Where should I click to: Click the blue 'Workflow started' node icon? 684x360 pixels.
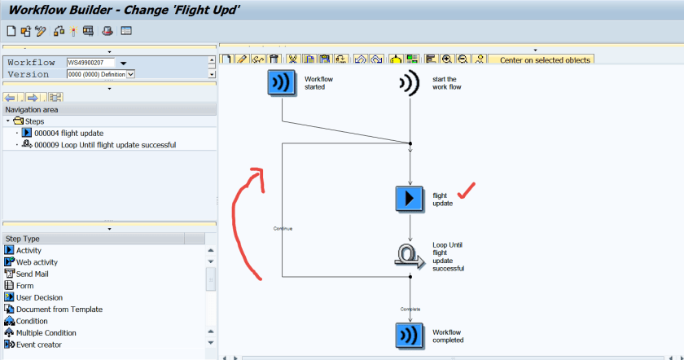[x=282, y=82]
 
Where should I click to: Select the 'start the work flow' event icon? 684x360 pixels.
[x=409, y=82]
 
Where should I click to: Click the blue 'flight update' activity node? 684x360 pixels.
[x=410, y=199]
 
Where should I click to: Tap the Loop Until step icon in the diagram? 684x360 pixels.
[x=410, y=255]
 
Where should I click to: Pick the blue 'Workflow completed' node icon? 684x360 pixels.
[x=410, y=336]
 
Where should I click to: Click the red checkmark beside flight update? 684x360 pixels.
[x=467, y=192]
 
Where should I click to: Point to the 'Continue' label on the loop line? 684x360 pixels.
[x=283, y=229]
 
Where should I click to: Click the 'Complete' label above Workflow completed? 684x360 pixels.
[x=410, y=309]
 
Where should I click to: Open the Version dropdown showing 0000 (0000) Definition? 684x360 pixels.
[x=130, y=74]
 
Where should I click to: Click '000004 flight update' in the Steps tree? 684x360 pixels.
[x=68, y=133]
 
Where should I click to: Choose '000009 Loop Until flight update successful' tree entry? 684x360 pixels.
[x=104, y=145]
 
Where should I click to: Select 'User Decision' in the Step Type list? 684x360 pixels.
[x=39, y=297]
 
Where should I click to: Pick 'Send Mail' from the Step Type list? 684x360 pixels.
[x=32, y=274]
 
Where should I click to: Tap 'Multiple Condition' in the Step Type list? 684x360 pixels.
[x=46, y=332]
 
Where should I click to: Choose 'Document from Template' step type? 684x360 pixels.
[x=59, y=309]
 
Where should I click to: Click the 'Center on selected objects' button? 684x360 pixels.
[x=544, y=59]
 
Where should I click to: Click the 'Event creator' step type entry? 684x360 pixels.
[x=38, y=345]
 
